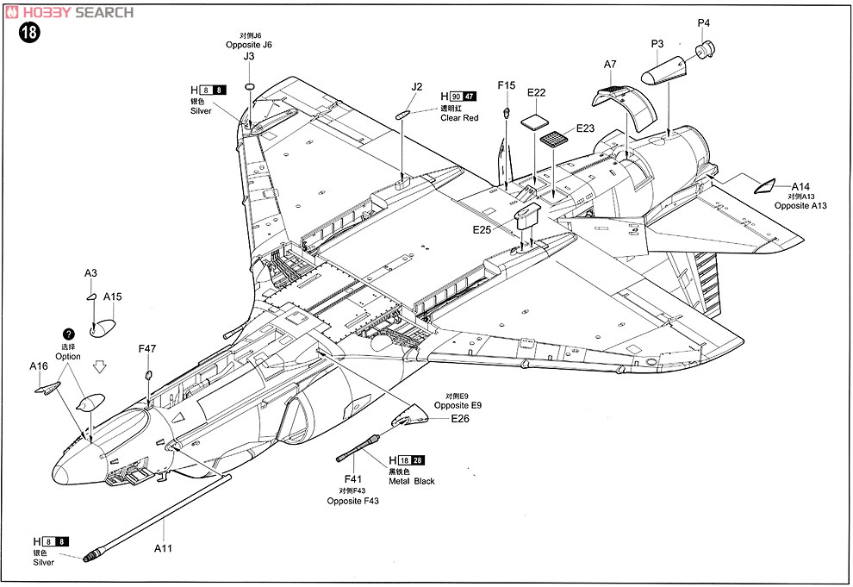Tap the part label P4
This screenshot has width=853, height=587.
coord(703,22)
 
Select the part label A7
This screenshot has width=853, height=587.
coord(610,65)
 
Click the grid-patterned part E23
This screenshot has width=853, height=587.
coord(557,139)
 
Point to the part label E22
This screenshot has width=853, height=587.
coord(537,92)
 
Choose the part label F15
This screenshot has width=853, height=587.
coord(507,85)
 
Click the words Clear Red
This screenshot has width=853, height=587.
coord(459,118)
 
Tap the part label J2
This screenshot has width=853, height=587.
coord(417,87)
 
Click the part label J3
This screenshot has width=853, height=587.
coord(249,56)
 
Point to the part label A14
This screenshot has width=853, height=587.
coord(800,186)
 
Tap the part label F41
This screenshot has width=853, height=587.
coord(353,479)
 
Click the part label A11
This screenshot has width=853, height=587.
coord(163,547)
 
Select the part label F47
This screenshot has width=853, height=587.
coord(147,349)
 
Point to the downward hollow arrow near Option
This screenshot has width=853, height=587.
coord(99,365)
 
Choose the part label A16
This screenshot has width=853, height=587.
coord(38,366)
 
